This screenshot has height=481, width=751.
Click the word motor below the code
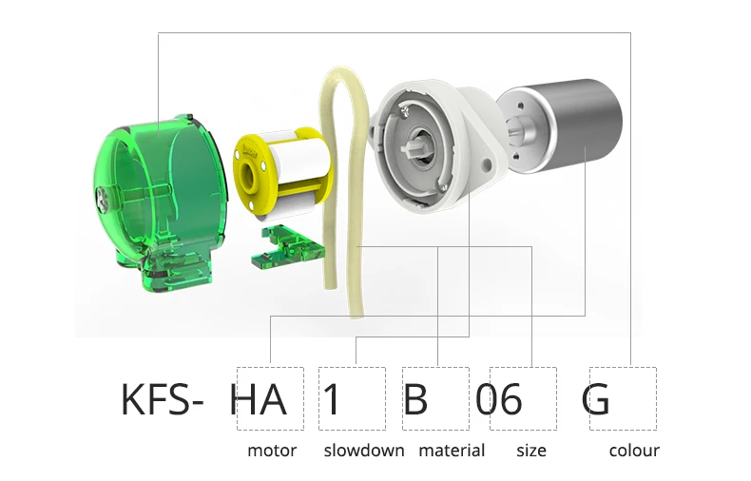(272, 451)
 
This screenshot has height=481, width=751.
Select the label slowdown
(364, 451)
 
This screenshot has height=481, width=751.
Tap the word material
(452, 451)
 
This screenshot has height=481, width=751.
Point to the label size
(531, 451)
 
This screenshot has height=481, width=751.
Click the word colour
(634, 451)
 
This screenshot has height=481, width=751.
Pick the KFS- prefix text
(162, 399)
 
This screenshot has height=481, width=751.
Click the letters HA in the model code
(259, 399)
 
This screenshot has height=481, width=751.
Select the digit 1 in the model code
(332, 399)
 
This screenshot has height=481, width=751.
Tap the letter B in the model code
(415, 399)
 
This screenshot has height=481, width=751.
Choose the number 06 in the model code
(498, 399)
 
